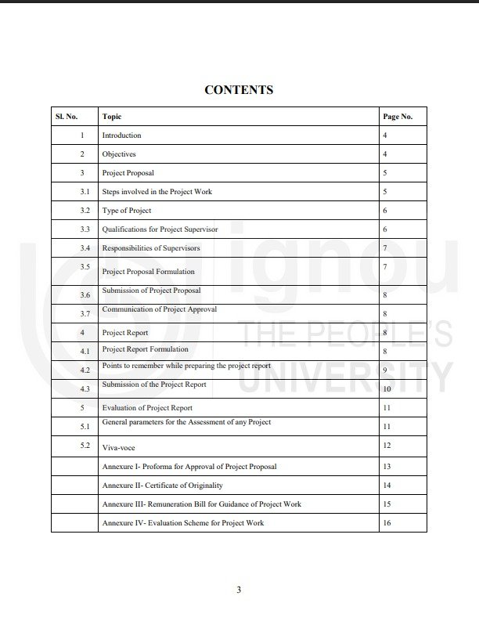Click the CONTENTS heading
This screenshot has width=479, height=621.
239,90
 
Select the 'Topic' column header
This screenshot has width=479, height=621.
111,117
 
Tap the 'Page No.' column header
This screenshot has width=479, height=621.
397,117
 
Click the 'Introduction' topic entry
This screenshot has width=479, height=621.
121,135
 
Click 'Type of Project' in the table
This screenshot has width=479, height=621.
127,211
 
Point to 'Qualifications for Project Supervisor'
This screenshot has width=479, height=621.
160,229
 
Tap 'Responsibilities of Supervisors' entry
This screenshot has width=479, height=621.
151,248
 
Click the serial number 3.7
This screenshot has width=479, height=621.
85,314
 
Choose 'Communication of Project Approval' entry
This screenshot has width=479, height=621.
159,309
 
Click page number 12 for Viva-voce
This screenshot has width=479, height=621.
387,446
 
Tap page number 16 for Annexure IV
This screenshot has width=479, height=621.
387,523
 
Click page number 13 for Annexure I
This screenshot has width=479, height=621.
387,467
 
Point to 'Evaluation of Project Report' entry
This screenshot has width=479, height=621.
147,408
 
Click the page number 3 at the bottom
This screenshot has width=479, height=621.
239,590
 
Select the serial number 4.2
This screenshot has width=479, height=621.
85,370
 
